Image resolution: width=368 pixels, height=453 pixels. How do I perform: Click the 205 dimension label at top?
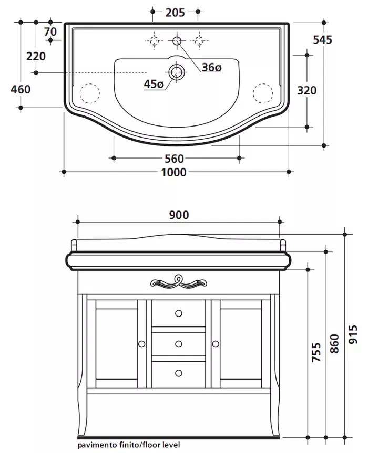point(175,12)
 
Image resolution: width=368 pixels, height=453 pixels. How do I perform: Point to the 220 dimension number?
point(36,56)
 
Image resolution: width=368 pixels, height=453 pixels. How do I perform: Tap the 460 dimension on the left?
point(21,89)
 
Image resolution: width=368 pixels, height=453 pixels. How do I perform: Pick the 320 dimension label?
point(306,90)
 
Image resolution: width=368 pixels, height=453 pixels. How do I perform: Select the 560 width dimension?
point(174,159)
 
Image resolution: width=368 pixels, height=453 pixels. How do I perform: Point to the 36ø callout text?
point(212,67)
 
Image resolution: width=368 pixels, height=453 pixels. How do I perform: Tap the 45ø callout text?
point(154,83)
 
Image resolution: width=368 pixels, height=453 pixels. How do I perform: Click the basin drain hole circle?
point(177,71)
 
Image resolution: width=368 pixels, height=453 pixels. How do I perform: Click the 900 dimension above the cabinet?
point(178,215)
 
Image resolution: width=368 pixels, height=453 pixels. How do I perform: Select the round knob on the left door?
point(141,344)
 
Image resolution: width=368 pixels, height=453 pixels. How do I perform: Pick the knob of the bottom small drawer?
point(178,372)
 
